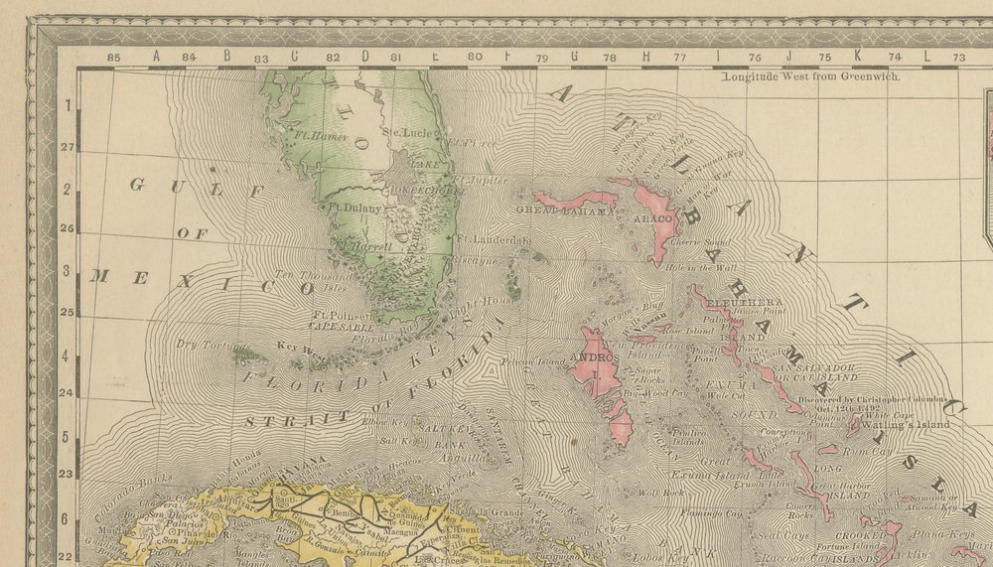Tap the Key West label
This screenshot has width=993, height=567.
click(x=300, y=348)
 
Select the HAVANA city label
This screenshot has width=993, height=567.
click(x=303, y=464)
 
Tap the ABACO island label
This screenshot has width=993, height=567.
click(x=655, y=217)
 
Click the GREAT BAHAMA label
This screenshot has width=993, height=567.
click(x=561, y=211)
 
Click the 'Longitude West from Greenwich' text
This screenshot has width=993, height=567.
click(x=810, y=75)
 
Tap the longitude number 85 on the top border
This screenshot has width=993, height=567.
click(x=114, y=58)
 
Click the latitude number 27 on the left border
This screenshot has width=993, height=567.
click(x=67, y=147)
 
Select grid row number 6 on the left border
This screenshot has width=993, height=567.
click(x=67, y=518)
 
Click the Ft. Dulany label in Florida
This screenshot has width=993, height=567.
click(x=355, y=208)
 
